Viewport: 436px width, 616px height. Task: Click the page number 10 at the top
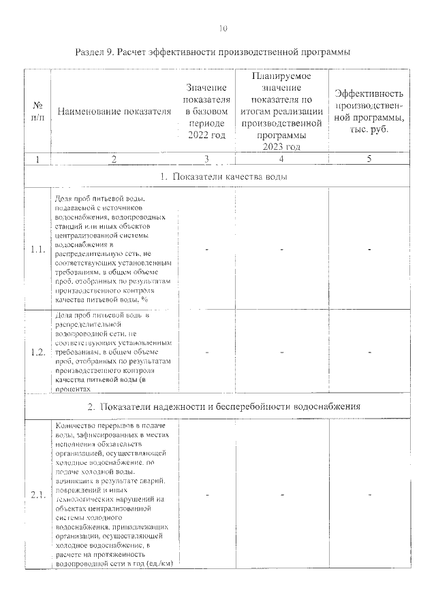pyautogui.click(x=223, y=28)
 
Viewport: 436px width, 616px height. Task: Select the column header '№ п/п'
pyautogui.click(x=37, y=112)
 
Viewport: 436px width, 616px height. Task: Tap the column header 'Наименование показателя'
pyautogui.click(x=114, y=112)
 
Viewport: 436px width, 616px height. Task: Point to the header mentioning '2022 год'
pyautogui.click(x=206, y=112)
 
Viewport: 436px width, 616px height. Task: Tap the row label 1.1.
pyautogui.click(x=37, y=249)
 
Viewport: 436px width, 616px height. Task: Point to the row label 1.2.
pyautogui.click(x=37, y=352)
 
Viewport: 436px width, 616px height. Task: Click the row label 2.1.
pyautogui.click(x=37, y=495)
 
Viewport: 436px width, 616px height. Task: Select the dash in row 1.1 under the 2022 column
pyautogui.click(x=206, y=249)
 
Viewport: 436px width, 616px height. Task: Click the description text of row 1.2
pyautogui.click(x=113, y=352)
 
